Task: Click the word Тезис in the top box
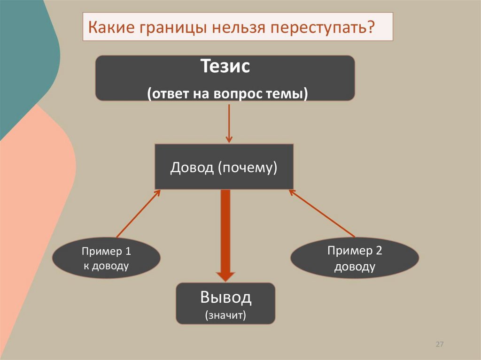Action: point(225,66)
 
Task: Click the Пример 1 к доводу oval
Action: point(106,259)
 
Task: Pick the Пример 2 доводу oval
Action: point(355,259)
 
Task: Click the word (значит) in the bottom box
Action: point(225,315)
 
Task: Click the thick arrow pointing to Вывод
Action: point(225,235)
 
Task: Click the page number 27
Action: point(440,345)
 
